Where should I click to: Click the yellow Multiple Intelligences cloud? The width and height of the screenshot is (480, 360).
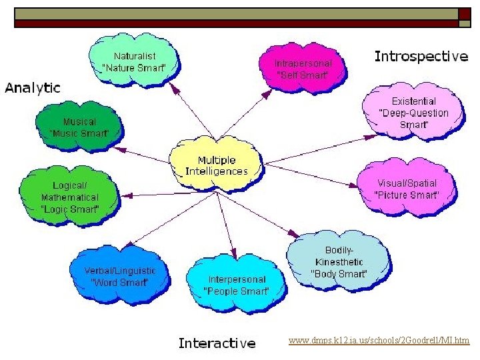pos(216,165)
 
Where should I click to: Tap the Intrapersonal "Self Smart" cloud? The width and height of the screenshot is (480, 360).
pos(303,67)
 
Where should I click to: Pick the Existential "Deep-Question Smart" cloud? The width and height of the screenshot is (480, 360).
pos(413,113)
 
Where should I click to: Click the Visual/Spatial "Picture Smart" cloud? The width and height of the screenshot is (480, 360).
pos(407,189)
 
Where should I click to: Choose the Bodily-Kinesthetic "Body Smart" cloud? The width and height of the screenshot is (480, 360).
pos(339,262)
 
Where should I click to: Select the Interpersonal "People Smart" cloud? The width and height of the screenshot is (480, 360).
pos(236,285)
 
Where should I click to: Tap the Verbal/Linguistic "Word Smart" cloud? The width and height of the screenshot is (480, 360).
pos(120,276)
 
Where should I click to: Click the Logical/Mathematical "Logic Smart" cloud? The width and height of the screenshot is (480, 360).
pos(70,197)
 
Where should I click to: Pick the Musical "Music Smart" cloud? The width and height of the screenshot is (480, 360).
pos(79,127)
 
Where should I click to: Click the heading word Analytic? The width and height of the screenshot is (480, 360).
pos(33,88)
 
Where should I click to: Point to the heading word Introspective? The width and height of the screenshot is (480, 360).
pos(421,57)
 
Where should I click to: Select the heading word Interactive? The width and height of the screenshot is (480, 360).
pos(217,343)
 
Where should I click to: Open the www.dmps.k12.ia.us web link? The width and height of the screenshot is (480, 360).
pos(379,341)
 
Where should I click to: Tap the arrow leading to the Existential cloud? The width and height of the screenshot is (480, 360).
pos(320,149)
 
